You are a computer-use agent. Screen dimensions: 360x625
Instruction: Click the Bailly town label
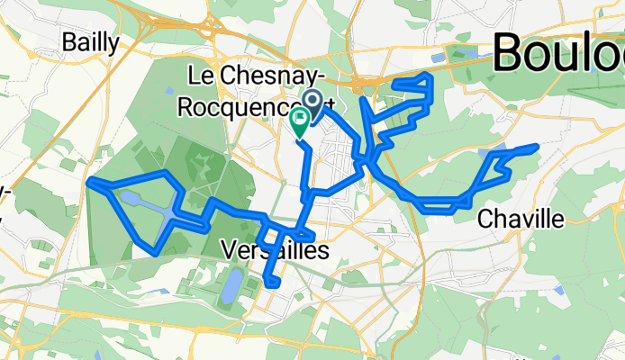pyautogui.click(x=89, y=42)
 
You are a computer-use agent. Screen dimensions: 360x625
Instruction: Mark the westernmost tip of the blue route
pyautogui.click(x=89, y=184)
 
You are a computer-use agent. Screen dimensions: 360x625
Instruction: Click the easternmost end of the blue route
pyautogui.click(x=538, y=145)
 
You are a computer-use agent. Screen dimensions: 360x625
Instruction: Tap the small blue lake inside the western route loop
pyautogui.click(x=130, y=197)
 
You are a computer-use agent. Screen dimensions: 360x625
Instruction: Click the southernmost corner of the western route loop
pyautogui.click(x=157, y=253)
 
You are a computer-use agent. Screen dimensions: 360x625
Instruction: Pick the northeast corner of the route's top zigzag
pyautogui.click(x=432, y=76)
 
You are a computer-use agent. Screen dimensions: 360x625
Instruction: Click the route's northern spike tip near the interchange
pyautogui.click(x=362, y=97)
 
